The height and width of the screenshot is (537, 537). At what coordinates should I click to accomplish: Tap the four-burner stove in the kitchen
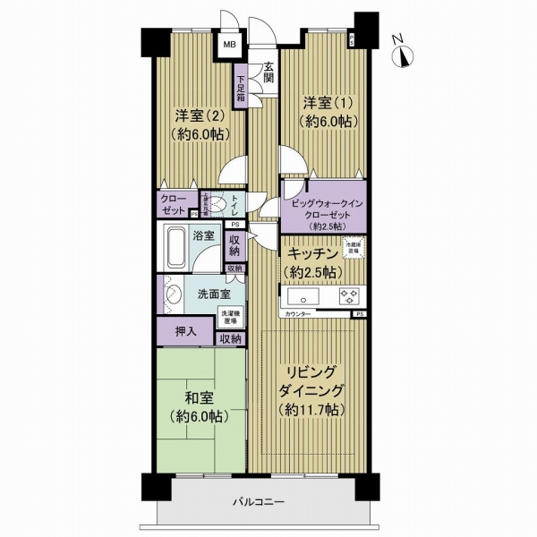coord(347,296)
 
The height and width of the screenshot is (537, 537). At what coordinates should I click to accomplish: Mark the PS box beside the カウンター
coord(359,315)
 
